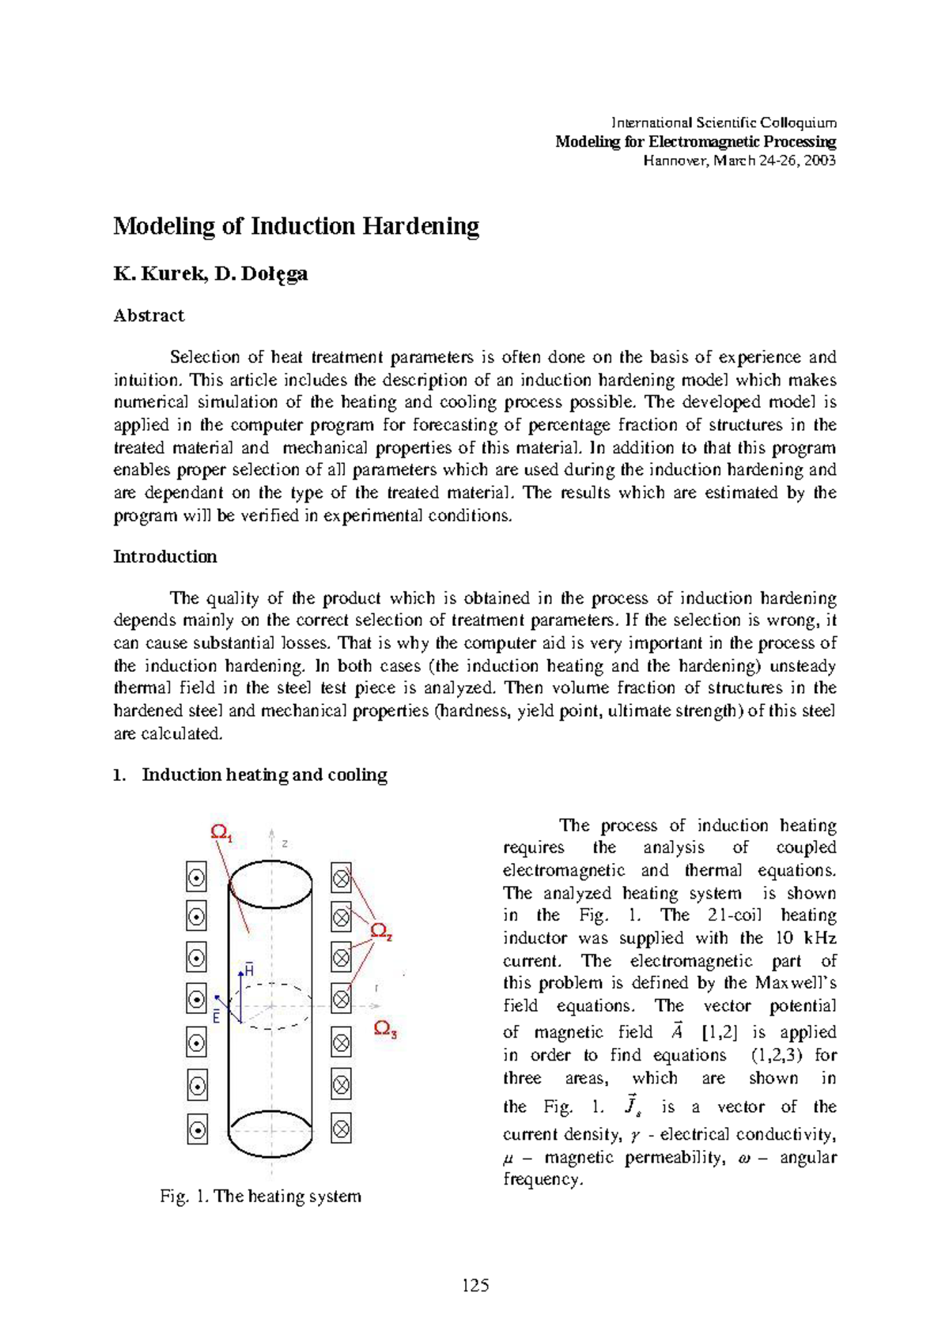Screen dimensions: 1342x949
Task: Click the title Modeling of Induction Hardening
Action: [296, 227]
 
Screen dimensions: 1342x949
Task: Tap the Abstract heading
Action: [149, 315]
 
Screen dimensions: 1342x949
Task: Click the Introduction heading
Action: [164, 556]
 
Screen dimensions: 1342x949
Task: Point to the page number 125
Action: [475, 1285]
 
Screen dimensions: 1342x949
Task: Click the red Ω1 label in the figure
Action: [221, 832]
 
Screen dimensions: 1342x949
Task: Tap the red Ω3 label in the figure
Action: [385, 1028]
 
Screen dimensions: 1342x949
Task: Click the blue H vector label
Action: [249, 969]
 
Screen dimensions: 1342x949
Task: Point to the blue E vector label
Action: [216, 1018]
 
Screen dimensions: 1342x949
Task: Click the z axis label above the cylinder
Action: [284, 843]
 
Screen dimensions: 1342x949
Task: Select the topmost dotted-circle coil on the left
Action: [196, 877]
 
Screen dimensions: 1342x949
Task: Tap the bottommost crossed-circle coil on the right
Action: [341, 1129]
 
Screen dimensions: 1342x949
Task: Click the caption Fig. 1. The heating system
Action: [260, 1196]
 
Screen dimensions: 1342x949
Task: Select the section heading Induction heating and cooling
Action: [264, 775]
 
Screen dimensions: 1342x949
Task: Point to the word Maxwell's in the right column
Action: [794, 983]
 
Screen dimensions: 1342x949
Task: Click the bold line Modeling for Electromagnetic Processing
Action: [695, 141]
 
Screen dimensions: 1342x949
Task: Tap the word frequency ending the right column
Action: [541, 1179]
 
